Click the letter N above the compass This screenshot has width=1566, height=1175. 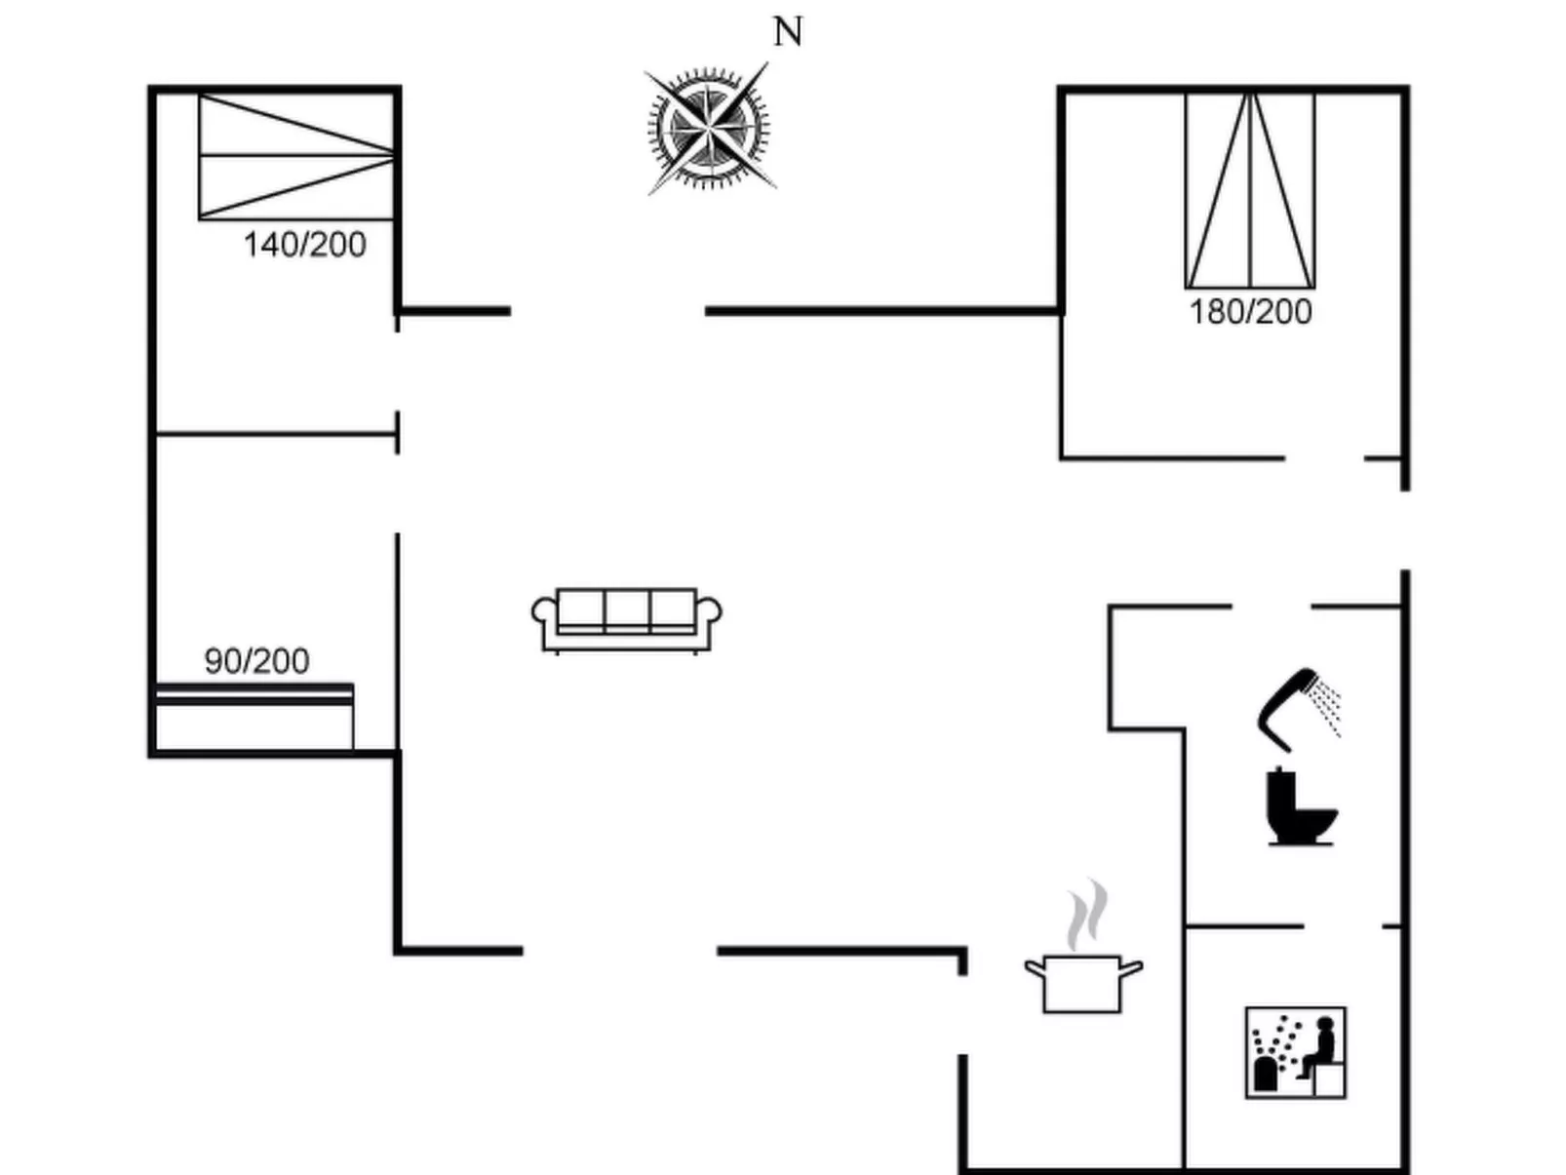[x=788, y=32]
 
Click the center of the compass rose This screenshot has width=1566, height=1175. [x=709, y=128]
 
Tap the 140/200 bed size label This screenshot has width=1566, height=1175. [x=304, y=245]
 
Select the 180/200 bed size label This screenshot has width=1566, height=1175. [x=1250, y=312]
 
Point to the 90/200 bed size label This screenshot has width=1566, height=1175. [x=256, y=661]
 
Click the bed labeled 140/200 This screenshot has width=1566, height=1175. [x=296, y=156]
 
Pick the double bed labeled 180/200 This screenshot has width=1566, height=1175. [x=1250, y=190]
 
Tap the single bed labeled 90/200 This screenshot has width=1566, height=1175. [x=254, y=717]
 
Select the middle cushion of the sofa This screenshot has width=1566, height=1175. [x=627, y=610]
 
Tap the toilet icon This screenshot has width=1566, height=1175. [x=1299, y=807]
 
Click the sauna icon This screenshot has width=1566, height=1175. [x=1296, y=1053]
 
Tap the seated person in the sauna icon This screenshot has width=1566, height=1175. [x=1322, y=1045]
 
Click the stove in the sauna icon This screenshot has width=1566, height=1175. [x=1266, y=1073]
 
